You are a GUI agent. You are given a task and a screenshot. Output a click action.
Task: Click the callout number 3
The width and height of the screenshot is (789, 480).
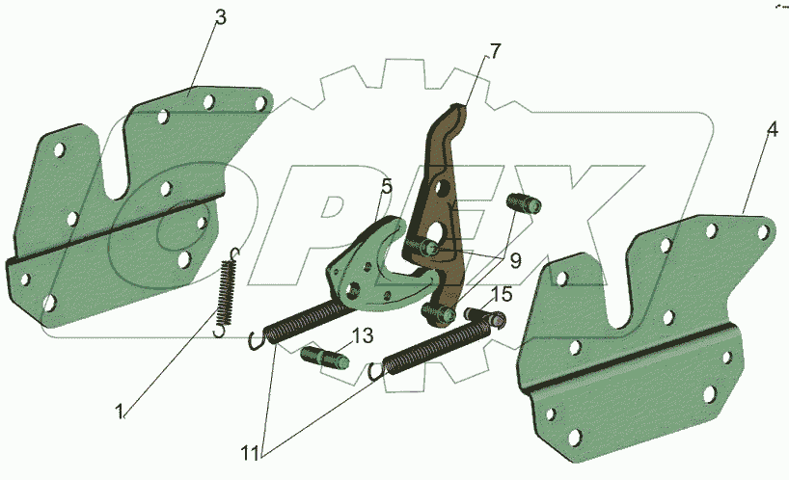pyautogui.click(x=220, y=17)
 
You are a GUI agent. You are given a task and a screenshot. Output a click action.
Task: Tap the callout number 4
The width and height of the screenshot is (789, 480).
pyautogui.click(x=773, y=130)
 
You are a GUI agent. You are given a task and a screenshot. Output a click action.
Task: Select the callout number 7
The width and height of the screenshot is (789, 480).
pyautogui.click(x=495, y=51)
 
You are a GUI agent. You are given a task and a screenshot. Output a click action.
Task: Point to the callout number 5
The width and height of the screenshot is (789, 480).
pyautogui.click(x=386, y=186)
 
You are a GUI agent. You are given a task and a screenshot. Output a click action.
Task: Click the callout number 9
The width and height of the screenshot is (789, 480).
pyautogui.click(x=515, y=260)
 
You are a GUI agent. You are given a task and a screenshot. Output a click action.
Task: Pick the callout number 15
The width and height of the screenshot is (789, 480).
pyautogui.click(x=502, y=295)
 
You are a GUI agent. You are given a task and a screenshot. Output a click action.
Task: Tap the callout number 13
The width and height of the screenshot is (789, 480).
pyautogui.click(x=363, y=335)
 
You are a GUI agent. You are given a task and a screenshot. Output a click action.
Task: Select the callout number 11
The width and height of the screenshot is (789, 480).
pyautogui.click(x=250, y=453)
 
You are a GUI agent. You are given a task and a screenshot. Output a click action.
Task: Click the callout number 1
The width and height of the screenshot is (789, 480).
pyautogui.click(x=120, y=413)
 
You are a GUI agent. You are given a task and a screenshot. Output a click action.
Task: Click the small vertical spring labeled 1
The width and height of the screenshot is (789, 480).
pyautogui.click(x=226, y=293)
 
